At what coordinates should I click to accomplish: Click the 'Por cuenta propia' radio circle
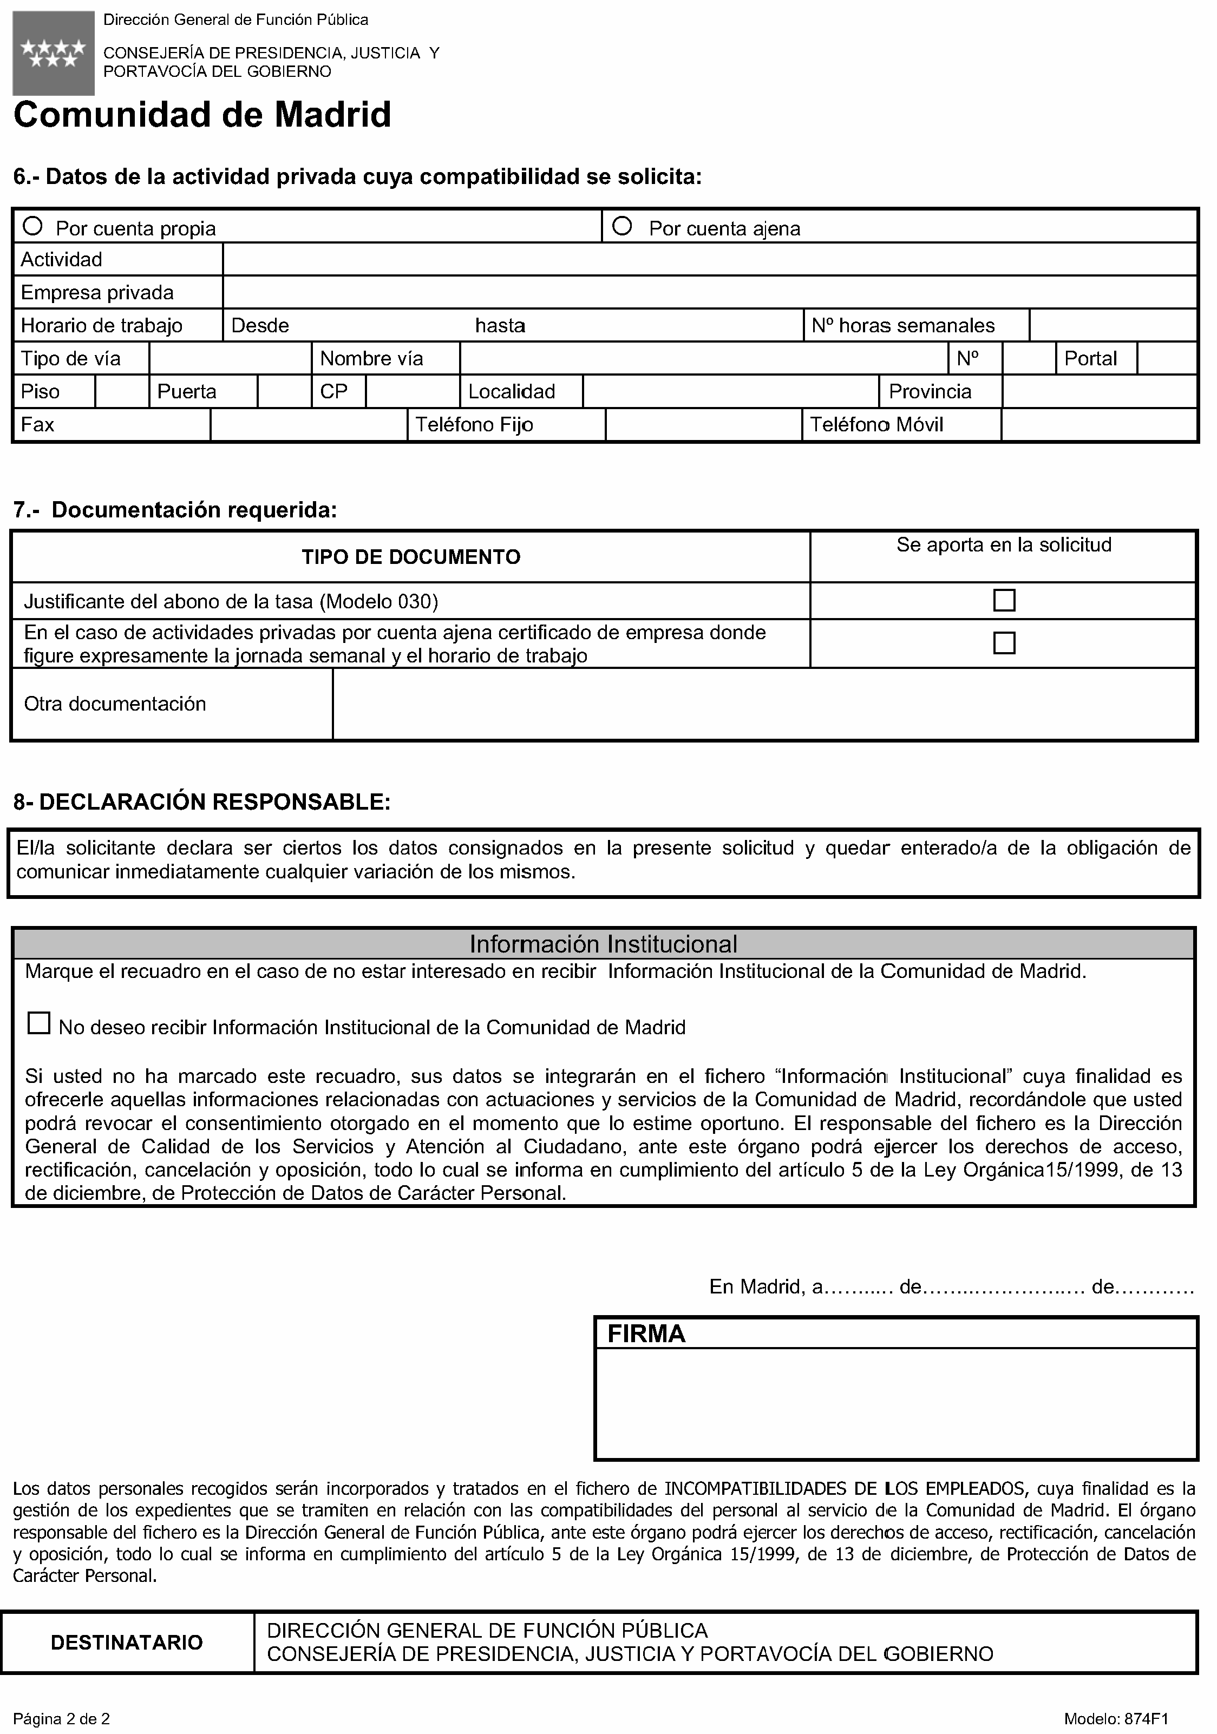tap(32, 226)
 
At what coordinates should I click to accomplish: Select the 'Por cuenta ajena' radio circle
tap(621, 226)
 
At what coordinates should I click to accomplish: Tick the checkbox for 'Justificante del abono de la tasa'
tap(1004, 600)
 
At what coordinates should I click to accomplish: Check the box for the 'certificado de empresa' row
tap(1004, 643)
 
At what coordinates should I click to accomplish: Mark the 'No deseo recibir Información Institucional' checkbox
tap(38, 1023)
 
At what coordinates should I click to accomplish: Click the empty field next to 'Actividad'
tap(710, 259)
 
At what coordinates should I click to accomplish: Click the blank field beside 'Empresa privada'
tap(710, 292)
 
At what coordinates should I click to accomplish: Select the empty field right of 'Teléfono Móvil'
tap(1099, 424)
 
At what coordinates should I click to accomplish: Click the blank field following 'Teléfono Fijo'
tap(703, 424)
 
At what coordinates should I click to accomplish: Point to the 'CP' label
tap(334, 391)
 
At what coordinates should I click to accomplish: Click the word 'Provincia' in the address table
tap(930, 391)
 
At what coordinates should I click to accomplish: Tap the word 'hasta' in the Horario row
tap(500, 325)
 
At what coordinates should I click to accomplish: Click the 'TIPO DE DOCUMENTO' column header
tap(411, 557)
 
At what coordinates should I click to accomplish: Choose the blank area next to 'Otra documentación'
tap(764, 704)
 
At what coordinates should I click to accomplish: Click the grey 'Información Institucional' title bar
tap(603, 944)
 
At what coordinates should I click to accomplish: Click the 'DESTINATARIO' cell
tap(127, 1643)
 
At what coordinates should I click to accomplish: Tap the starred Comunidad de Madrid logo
tap(54, 54)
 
